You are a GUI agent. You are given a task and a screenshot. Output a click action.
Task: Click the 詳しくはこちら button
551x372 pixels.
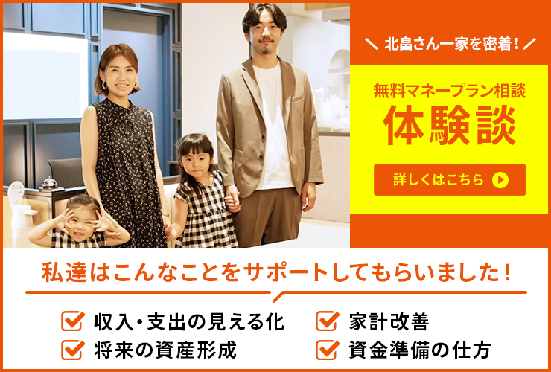(x=449, y=179)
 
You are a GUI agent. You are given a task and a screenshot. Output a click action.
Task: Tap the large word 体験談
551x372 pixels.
(x=449, y=128)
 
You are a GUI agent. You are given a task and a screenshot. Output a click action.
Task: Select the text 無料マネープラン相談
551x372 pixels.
(x=449, y=92)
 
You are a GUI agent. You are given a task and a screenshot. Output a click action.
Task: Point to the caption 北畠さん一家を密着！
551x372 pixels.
(x=449, y=44)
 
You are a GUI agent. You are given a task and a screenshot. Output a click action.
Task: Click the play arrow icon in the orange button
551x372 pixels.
(x=500, y=179)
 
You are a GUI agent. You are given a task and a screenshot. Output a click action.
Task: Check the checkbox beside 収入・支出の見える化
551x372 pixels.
(x=72, y=322)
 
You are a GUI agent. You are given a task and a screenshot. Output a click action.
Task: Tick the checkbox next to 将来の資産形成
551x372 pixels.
(x=72, y=348)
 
